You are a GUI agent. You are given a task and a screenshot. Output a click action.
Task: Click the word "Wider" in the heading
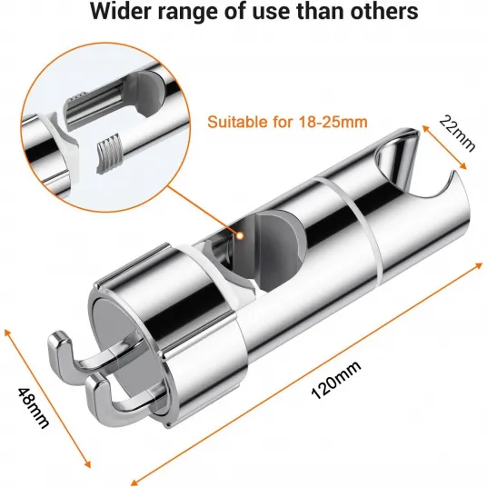121,11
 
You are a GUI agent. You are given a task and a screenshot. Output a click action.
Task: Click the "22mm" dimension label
457,134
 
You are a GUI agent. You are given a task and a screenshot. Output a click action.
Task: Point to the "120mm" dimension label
336,380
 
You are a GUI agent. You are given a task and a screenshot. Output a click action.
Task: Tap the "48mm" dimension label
34,408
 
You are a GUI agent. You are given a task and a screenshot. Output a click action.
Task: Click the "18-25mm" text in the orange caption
333,122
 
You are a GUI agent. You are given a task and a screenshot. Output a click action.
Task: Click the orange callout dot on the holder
240,235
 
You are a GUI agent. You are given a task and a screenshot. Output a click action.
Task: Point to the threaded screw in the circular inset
108,153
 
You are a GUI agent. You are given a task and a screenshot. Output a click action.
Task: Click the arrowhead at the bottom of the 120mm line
134,482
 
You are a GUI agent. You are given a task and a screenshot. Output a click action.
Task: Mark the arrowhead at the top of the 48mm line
7,333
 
